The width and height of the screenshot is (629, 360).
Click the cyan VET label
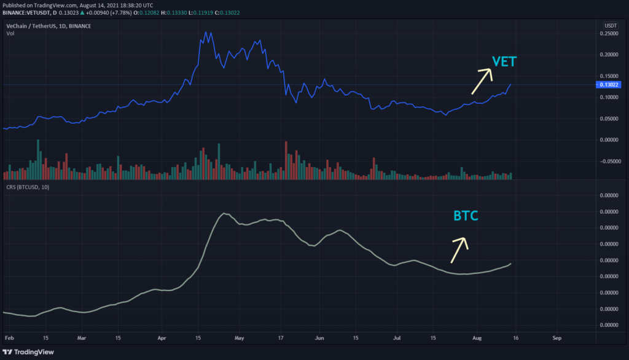504,61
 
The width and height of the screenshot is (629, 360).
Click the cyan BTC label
466,216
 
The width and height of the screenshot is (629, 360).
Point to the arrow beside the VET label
482,80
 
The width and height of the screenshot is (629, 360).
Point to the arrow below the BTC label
459,249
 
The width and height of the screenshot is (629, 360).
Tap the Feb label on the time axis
8,338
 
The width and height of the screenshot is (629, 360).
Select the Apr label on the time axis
162,338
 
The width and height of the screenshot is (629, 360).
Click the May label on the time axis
240,338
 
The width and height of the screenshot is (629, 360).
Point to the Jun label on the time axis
319,338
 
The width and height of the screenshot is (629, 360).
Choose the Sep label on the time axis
557,338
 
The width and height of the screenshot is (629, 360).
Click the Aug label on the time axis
477,338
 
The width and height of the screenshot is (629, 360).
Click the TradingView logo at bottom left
29,351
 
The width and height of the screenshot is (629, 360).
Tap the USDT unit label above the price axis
611,25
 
